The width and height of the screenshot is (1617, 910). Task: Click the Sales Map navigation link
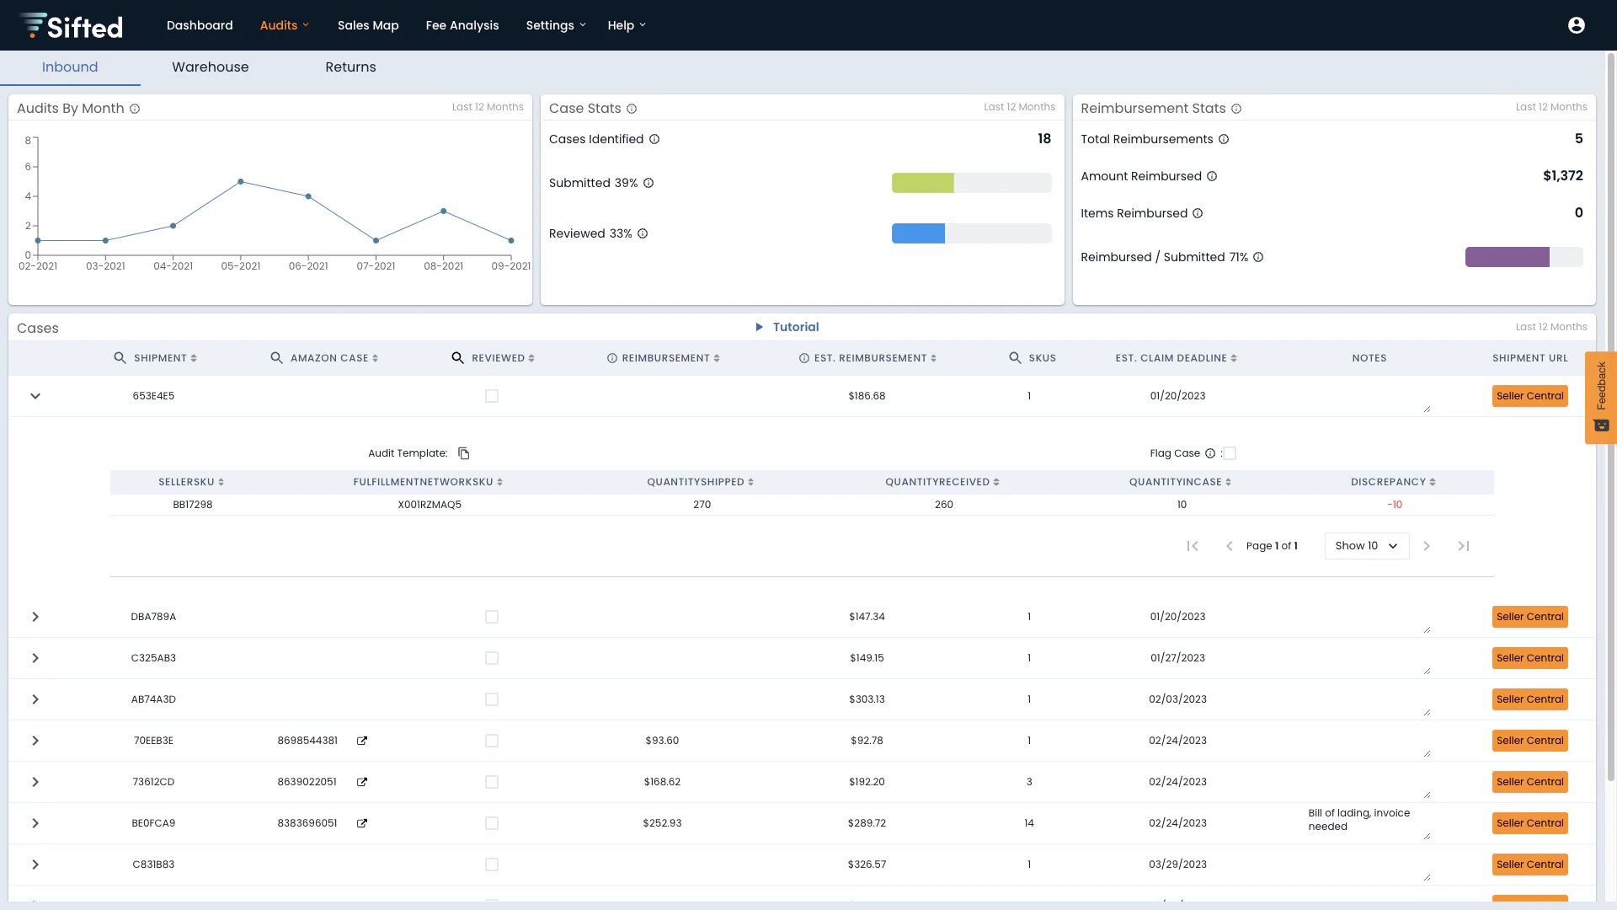pos(368,25)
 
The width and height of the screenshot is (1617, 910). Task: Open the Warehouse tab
pos(211,67)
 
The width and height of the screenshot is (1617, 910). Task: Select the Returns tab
pos(350,67)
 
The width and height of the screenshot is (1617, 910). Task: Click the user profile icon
pos(1577,25)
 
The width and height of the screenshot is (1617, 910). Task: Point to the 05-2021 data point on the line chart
pos(241,182)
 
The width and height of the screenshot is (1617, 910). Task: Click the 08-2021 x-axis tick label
pos(443,266)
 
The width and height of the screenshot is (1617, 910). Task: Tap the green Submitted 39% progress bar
pos(922,183)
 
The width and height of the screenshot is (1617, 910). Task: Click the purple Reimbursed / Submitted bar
pos(1507,257)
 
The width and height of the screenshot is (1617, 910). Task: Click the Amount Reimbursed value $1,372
pos(1562,176)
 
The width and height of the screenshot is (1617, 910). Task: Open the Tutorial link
pos(795,327)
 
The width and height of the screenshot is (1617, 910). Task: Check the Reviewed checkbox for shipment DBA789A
pos(492,617)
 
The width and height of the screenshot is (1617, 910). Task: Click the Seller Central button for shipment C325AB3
pos(1529,658)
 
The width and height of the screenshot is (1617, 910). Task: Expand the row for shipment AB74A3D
pos(35,699)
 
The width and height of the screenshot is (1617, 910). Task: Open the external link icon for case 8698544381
pos(362,741)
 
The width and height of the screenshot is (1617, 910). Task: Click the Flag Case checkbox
pos(1230,453)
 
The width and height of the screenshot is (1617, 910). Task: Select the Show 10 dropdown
pos(1366,546)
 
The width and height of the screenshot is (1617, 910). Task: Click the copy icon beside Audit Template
pos(464,453)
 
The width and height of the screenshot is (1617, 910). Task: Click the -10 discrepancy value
pos(1395,505)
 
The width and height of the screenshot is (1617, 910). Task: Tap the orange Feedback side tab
pos(1600,397)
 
